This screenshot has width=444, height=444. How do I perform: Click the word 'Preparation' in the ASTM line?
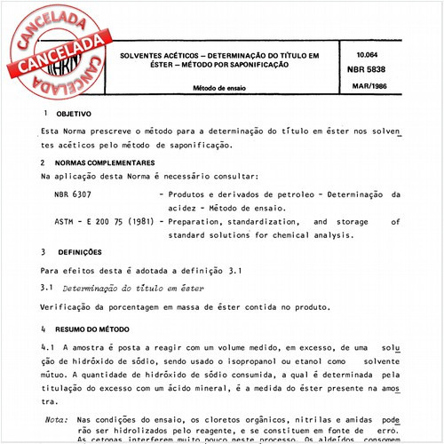point(200,222)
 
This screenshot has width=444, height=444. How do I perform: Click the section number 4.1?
point(48,349)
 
